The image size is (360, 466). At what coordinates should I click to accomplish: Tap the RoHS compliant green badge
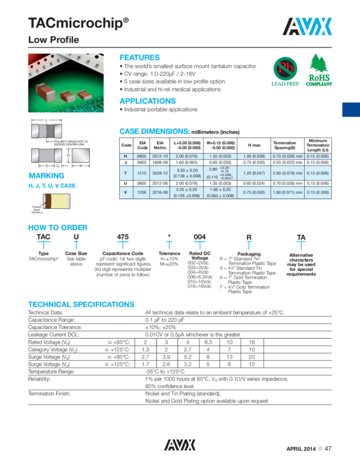point(319,71)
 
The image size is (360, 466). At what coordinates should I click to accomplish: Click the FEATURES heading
point(140,58)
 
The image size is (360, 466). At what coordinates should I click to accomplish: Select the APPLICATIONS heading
point(147,101)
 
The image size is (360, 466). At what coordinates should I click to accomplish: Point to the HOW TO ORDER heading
point(58,228)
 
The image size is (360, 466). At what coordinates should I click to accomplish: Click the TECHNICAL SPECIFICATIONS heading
point(81,304)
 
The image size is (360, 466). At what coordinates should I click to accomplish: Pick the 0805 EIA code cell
point(142,156)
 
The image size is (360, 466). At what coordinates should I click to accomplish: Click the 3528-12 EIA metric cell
point(161,173)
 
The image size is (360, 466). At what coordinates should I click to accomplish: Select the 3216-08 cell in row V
point(161,192)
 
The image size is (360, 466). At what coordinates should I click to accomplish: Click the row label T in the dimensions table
point(126,173)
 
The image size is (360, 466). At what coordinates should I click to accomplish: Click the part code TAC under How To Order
point(43,237)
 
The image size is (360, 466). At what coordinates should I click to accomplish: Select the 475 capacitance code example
point(123,237)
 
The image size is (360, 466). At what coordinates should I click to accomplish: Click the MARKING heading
point(47,176)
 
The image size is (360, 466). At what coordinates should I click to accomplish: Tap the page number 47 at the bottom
point(328,448)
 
